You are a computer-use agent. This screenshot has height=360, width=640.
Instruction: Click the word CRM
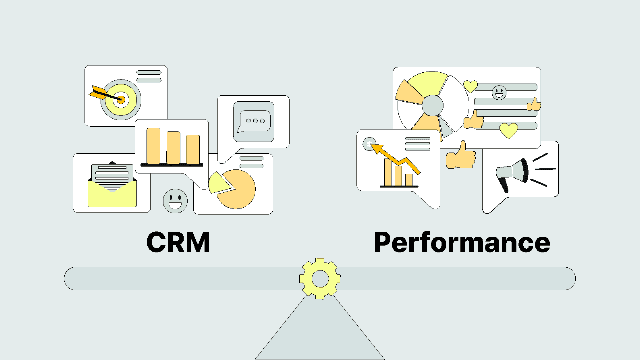pos(178,242)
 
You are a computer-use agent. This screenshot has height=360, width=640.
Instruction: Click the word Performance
pos(462,242)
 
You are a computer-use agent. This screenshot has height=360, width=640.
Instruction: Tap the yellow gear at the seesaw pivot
pos(320,278)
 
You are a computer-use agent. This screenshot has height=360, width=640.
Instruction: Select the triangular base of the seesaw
pos(320,333)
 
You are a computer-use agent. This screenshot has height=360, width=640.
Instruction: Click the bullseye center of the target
pos(121,99)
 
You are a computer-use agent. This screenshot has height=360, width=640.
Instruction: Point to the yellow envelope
pos(112,195)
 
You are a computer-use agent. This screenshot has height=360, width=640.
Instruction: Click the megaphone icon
pos(512,173)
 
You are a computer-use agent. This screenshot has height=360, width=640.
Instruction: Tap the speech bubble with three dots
pos(255,121)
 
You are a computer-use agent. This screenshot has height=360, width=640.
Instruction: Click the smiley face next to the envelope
pos(175,201)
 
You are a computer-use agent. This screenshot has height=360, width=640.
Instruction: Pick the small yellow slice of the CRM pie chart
pos(218,183)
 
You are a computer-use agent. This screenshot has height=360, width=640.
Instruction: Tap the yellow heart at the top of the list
pos(470,86)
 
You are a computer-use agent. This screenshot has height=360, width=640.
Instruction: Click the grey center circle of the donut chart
pos(432,105)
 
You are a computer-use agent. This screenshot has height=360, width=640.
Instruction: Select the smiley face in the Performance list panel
pos(499,92)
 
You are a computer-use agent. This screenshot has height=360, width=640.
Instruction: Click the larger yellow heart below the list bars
pos(509,130)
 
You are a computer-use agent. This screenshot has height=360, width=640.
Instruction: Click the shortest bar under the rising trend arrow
pos(409,180)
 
